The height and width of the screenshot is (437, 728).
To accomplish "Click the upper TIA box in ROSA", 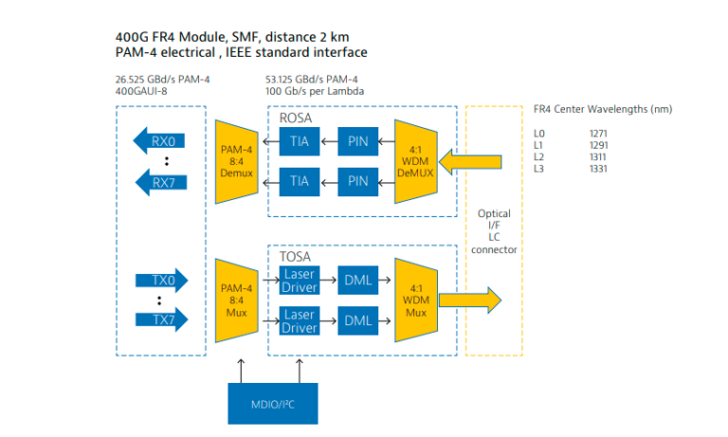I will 300,143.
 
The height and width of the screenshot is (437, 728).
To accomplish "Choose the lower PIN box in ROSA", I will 358,180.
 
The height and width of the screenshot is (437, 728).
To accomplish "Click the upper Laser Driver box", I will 300,280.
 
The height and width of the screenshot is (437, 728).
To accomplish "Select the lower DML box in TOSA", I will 358,320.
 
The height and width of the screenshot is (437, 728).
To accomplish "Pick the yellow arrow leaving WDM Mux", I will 469,300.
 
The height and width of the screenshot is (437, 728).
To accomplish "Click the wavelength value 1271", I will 598,134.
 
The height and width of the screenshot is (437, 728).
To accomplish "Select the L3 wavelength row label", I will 539,169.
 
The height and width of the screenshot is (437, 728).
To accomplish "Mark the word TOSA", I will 297,256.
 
